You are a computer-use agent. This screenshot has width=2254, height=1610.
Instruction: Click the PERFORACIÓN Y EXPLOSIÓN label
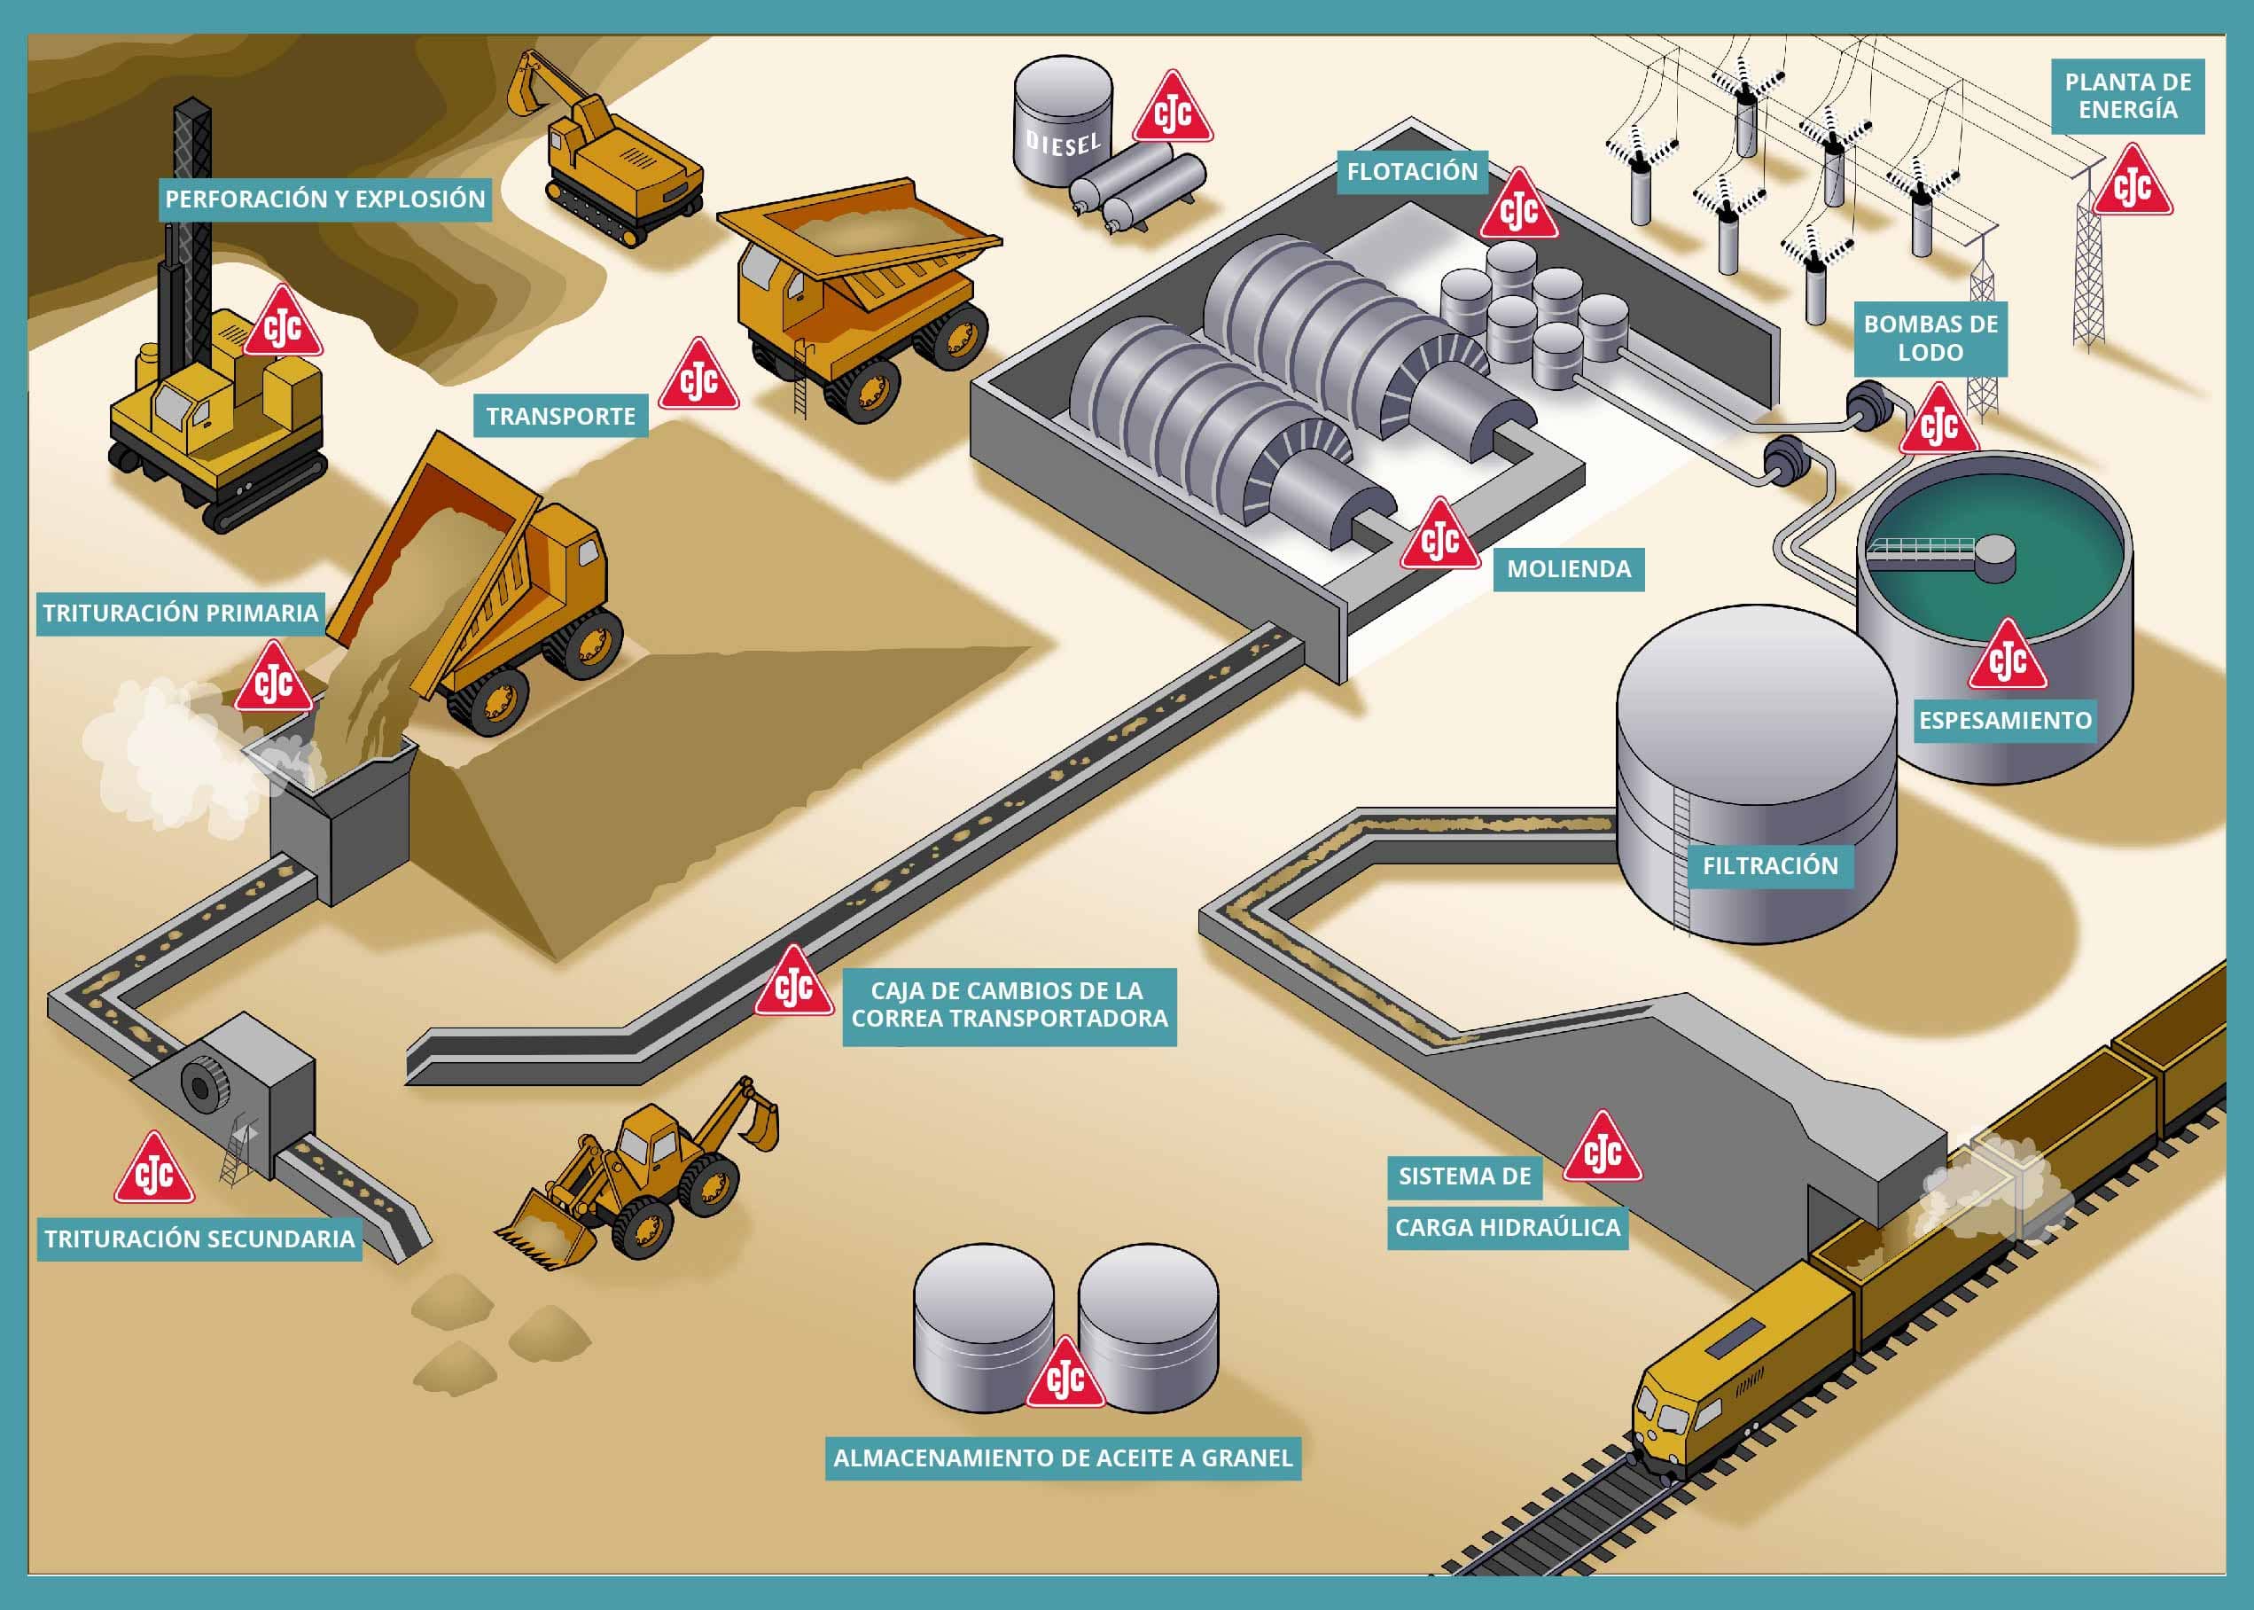[325, 199]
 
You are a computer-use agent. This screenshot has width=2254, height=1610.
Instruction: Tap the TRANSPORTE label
[560, 417]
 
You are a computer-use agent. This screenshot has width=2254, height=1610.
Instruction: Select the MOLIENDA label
[1568, 569]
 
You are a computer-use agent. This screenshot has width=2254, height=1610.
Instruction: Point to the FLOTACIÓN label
[1411, 171]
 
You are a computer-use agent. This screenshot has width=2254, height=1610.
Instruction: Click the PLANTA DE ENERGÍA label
[2127, 96]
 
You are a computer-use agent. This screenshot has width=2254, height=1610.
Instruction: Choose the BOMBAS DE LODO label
[1930, 338]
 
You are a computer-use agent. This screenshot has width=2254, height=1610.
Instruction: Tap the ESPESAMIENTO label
[2004, 721]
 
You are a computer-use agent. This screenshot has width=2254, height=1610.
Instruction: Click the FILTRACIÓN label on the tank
[1769, 865]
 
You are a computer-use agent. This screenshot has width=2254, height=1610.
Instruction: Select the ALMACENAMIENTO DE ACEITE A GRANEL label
[1063, 1458]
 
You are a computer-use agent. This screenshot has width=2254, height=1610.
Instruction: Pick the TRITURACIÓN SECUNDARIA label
[199, 1239]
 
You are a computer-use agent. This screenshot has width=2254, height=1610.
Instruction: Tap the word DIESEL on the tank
[1063, 144]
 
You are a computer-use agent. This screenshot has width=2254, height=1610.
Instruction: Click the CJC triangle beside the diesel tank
[1173, 111]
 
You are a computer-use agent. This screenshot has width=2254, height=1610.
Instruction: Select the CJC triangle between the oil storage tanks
[1065, 1376]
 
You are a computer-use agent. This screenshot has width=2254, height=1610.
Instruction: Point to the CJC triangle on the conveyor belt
[793, 984]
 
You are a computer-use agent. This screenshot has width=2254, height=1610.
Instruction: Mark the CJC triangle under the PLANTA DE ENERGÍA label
[2132, 184]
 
